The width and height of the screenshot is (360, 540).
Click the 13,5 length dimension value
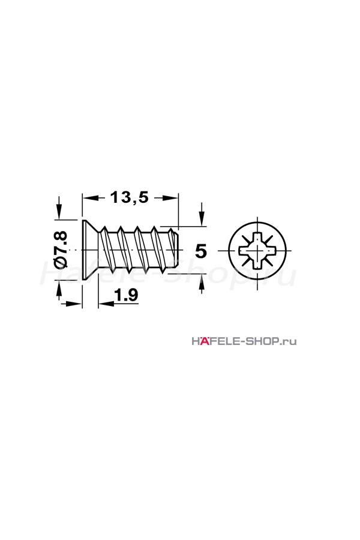pos(129,197)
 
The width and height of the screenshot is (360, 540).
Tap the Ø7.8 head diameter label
pos(61,248)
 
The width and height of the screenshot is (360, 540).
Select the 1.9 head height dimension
pos(126,295)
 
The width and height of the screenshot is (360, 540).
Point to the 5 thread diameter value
pos(201,251)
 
